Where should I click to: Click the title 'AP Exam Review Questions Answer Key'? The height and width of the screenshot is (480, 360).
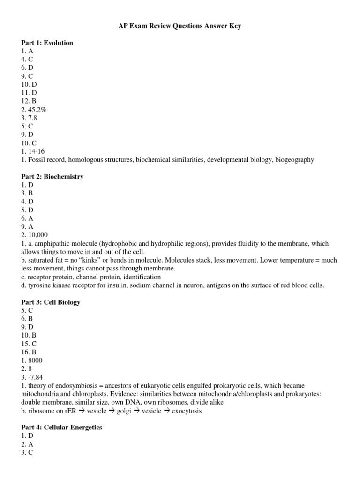point(180,26)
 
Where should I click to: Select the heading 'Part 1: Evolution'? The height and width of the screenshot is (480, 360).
point(47,43)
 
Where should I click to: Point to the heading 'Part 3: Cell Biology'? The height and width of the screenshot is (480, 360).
point(51,302)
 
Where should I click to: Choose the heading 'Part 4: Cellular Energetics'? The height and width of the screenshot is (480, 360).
point(61,427)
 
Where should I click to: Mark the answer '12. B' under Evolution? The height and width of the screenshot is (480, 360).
point(29,101)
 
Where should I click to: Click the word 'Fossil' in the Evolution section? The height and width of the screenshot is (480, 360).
point(37,160)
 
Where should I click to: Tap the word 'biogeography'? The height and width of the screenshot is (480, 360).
point(294,160)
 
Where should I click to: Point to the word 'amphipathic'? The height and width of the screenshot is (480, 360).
point(52,244)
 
